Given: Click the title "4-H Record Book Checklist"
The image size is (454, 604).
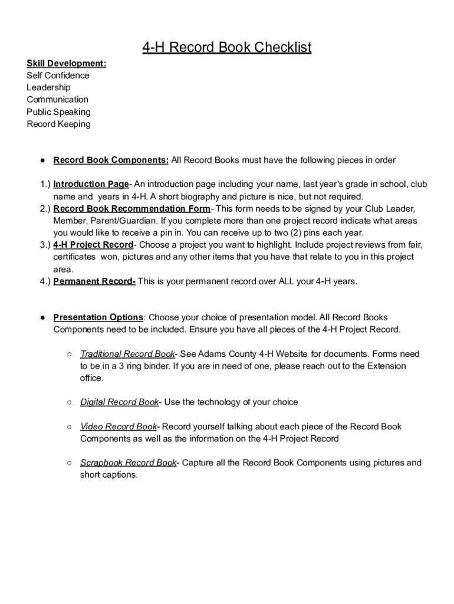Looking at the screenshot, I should click(x=226, y=47).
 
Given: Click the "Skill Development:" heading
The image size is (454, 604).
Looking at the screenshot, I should click(x=67, y=63).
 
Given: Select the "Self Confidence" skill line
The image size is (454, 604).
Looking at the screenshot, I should click(x=58, y=75).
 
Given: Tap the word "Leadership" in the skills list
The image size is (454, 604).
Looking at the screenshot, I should click(x=48, y=87).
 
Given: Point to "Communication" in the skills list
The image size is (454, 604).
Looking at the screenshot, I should click(x=57, y=100).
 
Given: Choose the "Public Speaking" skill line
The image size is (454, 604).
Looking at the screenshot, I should click(x=58, y=112).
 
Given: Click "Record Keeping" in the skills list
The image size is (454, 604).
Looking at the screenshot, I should click(x=58, y=124).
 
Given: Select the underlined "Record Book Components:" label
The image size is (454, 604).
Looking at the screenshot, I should click(x=111, y=160).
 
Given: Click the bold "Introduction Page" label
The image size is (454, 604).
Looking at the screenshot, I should click(x=91, y=184).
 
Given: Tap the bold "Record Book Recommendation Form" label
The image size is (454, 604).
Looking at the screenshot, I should click(x=131, y=209).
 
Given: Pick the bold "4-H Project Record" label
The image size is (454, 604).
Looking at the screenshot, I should click(x=93, y=245).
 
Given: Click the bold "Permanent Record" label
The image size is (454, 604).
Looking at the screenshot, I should click(x=94, y=281).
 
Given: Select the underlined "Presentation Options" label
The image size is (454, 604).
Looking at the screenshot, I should click(x=98, y=317).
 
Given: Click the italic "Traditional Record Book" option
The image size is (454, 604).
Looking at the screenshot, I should click(x=127, y=354).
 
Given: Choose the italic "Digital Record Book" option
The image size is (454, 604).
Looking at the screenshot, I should click(x=119, y=402).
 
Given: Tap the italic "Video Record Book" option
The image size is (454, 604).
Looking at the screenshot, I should click(x=119, y=426).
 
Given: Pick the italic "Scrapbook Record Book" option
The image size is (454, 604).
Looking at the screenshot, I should click(x=128, y=462).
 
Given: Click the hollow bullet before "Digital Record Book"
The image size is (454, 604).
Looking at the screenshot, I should click(x=70, y=402).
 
